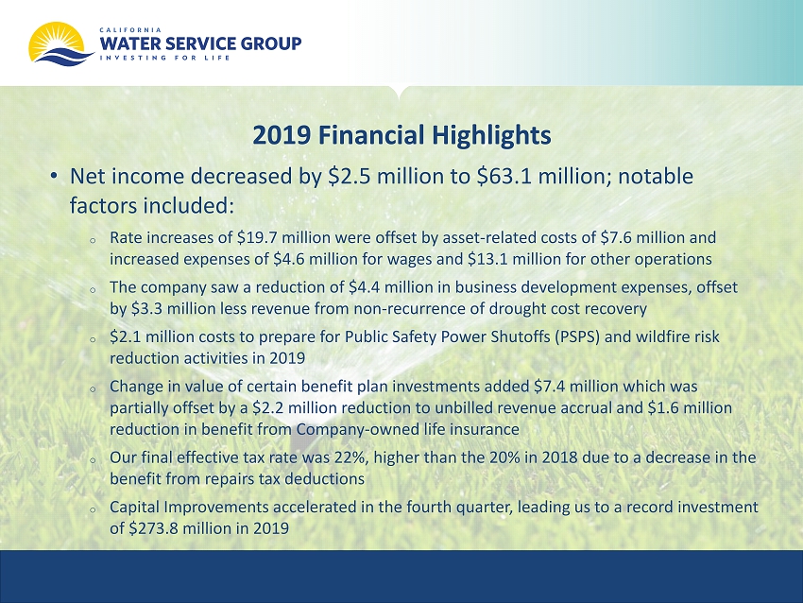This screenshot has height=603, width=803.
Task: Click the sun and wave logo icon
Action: pos(60,43)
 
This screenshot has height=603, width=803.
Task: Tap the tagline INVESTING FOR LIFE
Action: pos(164,58)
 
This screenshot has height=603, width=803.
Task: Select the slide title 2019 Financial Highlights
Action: pos(402,135)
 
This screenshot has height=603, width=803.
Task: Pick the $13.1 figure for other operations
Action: pos(487,259)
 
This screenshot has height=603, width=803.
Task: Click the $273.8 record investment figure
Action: pos(153,527)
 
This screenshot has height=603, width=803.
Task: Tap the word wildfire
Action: pos(647,336)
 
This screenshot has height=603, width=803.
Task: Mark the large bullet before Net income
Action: pos(54,176)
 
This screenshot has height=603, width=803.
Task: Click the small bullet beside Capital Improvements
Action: pos(93,509)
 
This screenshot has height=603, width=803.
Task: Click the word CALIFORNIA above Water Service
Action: pos(130,29)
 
